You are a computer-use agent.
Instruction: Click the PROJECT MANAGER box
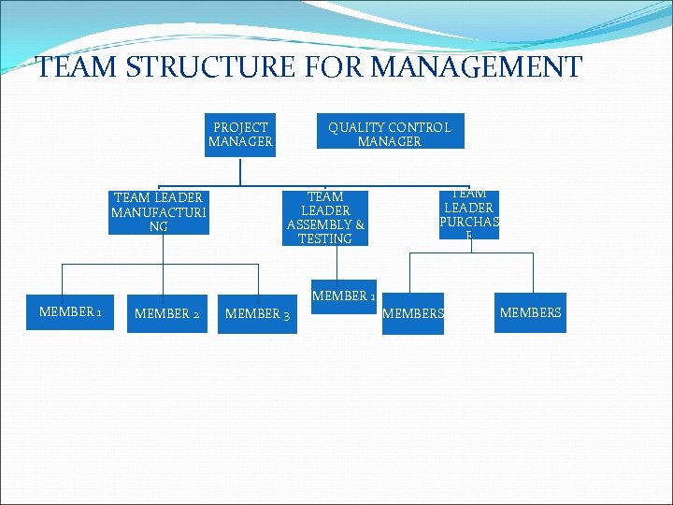[240, 135]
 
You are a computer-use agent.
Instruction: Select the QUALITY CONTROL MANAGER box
[389, 135]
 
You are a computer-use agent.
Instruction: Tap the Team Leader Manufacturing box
[157, 212]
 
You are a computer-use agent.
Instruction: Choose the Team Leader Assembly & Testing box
[325, 218]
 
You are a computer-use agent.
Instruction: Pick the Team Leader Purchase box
[468, 215]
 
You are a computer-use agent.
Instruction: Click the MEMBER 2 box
[166, 313]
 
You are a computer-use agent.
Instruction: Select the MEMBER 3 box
[257, 313]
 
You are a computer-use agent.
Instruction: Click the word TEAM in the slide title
[77, 67]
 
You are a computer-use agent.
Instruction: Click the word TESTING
[325, 238]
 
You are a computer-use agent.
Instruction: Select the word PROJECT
[240, 127]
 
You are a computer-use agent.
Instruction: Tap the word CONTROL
[420, 127]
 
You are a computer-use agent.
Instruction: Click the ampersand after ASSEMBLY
[359, 224]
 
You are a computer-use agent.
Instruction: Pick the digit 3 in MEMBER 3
[285, 314]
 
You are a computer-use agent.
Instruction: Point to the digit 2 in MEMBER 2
[195, 314]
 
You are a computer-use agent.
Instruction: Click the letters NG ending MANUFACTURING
[157, 226]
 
